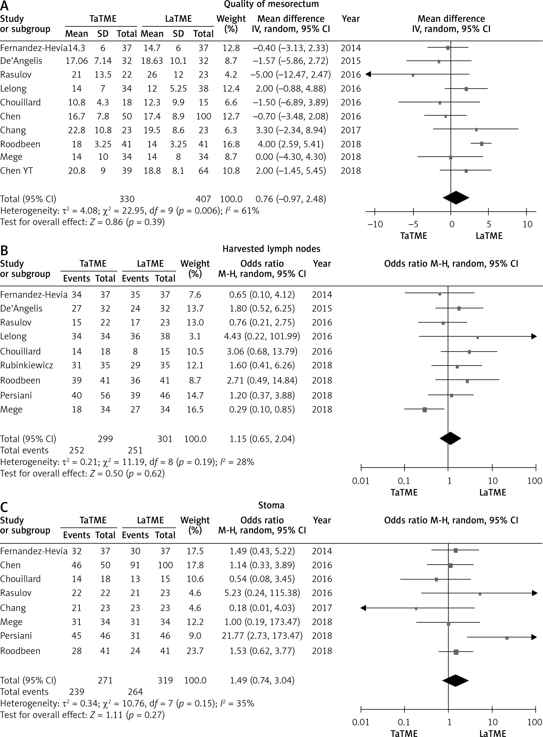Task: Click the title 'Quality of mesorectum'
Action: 271,4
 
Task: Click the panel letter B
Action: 4,251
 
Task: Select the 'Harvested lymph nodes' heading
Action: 271,249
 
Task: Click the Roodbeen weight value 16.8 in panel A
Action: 231,144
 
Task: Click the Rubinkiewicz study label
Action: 27,365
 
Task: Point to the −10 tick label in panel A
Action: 375,224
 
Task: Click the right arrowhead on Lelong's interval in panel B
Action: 534,336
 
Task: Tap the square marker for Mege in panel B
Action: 425,410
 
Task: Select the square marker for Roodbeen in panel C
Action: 456,651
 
